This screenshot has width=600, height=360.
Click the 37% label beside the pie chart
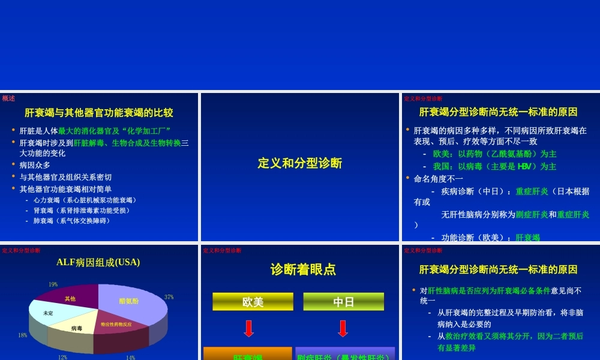tap(169, 297)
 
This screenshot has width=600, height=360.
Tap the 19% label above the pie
tap(53, 284)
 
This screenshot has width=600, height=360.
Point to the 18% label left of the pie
tap(23, 335)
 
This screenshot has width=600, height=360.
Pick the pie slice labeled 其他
tap(70, 298)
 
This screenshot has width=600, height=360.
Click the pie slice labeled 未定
tap(48, 313)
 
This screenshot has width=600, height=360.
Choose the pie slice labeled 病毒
tap(76, 328)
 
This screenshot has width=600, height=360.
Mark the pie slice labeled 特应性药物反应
tap(116, 325)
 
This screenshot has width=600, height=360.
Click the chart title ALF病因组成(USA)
tap(98, 262)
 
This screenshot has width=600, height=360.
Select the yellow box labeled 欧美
tap(253, 302)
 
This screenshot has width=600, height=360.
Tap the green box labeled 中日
tap(343, 302)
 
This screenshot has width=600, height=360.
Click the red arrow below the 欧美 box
tap(249, 329)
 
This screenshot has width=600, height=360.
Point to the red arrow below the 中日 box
tap(343, 329)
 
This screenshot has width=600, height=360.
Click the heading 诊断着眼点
tap(303, 269)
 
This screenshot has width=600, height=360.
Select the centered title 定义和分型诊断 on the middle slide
tap(300, 163)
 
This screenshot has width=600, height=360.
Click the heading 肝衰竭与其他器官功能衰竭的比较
tap(99, 112)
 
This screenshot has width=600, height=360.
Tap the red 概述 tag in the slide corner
tap(8, 98)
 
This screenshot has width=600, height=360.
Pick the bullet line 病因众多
tap(35, 165)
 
